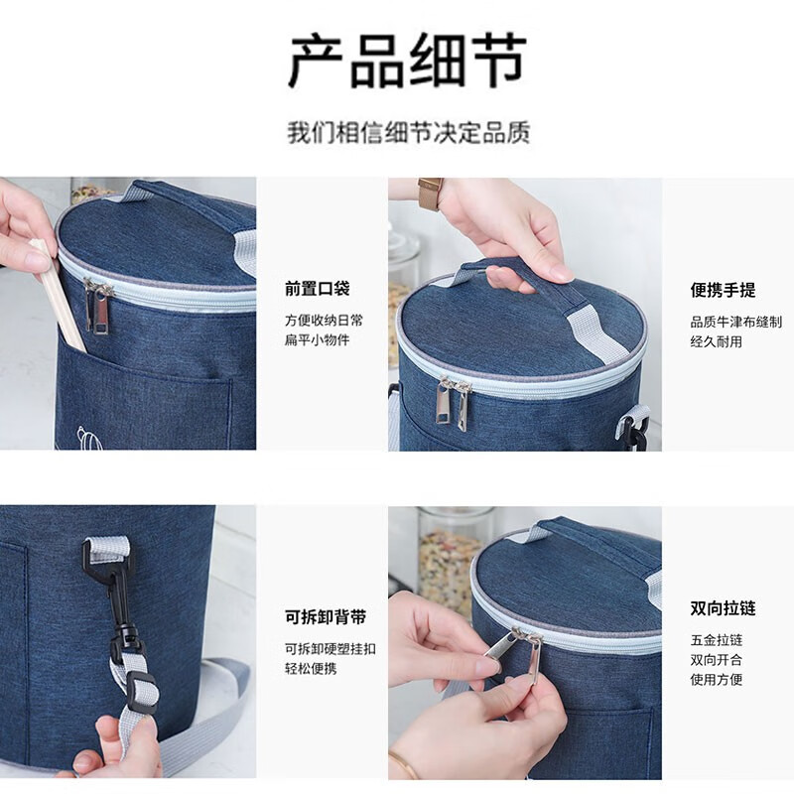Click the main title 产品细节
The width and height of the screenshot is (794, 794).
pyautogui.click(x=407, y=61)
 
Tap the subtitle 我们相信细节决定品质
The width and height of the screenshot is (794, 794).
pyautogui.click(x=408, y=132)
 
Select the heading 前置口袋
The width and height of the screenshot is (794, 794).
pyautogui.click(x=318, y=290)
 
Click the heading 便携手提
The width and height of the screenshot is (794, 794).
pyautogui.click(x=723, y=290)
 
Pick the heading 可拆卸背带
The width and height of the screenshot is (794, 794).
pyautogui.click(x=326, y=617)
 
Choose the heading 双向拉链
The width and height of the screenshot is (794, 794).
pyautogui.click(x=723, y=608)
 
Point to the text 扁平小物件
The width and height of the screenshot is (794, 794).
pyautogui.click(x=318, y=340)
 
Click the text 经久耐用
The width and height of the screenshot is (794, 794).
pyautogui.click(x=717, y=341)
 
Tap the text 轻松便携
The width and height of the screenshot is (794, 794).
pyautogui.click(x=311, y=669)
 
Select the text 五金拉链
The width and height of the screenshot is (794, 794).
pyautogui.click(x=717, y=640)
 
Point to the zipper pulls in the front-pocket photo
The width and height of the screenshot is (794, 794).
pyautogui.click(x=98, y=306)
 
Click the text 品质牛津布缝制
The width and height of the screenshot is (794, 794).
pyautogui.click(x=735, y=322)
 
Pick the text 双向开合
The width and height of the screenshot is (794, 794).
pyautogui.click(x=717, y=660)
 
